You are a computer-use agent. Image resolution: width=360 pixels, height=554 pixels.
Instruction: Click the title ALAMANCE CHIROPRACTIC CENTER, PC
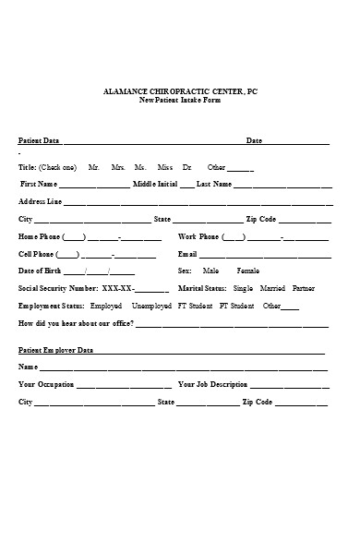tap(180, 90)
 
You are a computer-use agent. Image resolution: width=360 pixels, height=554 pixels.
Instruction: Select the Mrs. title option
tap(118, 167)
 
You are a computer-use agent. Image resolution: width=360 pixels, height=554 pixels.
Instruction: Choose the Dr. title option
tap(187, 167)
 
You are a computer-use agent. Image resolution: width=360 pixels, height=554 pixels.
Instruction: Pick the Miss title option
tap(165, 167)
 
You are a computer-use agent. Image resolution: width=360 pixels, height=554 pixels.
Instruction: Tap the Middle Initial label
tap(155, 184)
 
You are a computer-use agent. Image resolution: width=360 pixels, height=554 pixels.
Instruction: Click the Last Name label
tap(214, 184)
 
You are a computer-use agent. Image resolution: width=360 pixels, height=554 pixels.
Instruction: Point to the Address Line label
tap(41, 201)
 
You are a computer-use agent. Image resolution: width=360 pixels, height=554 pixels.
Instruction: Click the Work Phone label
tap(198, 236)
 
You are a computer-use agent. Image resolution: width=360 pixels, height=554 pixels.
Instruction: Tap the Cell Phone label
tap(37, 253)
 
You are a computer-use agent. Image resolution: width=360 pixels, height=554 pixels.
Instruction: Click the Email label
tap(187, 253)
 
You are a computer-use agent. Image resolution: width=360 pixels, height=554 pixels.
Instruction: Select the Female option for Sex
tap(248, 271)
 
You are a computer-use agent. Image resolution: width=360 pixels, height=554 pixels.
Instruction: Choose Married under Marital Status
tap(273, 288)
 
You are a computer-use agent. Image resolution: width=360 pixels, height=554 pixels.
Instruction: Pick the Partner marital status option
tap(303, 288)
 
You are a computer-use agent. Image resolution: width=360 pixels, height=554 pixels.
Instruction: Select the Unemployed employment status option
tap(151, 305)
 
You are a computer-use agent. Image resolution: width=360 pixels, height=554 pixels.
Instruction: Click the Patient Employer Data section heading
tap(56, 350)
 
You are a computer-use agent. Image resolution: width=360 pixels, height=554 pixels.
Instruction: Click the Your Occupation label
tap(46, 384)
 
